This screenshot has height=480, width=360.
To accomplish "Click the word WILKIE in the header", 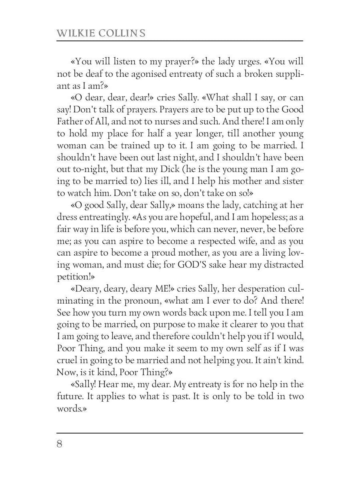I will pyautogui.click(x=76, y=33).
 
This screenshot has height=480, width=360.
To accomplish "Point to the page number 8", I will pyautogui.click(x=60, y=444).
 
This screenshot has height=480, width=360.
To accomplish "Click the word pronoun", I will pyautogui.click(x=148, y=301).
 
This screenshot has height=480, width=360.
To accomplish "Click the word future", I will pyautogui.click(x=69, y=397).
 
